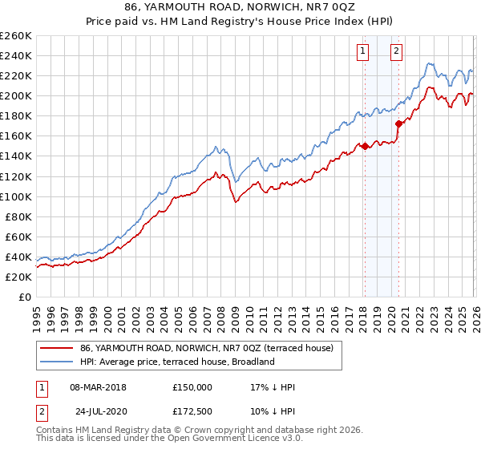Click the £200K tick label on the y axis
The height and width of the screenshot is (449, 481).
pyautogui.click(x=16, y=95)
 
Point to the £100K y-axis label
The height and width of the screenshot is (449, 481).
pyautogui.click(x=16, y=196)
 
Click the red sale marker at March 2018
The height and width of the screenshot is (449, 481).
pyautogui.click(x=364, y=146)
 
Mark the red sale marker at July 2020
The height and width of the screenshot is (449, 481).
pyautogui.click(x=398, y=123)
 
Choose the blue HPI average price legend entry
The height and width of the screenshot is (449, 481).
pyautogui.click(x=176, y=362)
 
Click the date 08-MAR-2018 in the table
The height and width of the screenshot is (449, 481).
pyautogui.click(x=98, y=386)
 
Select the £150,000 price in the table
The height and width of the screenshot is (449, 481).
pyautogui.click(x=192, y=386)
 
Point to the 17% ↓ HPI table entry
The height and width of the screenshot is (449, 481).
pyautogui.click(x=273, y=386)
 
